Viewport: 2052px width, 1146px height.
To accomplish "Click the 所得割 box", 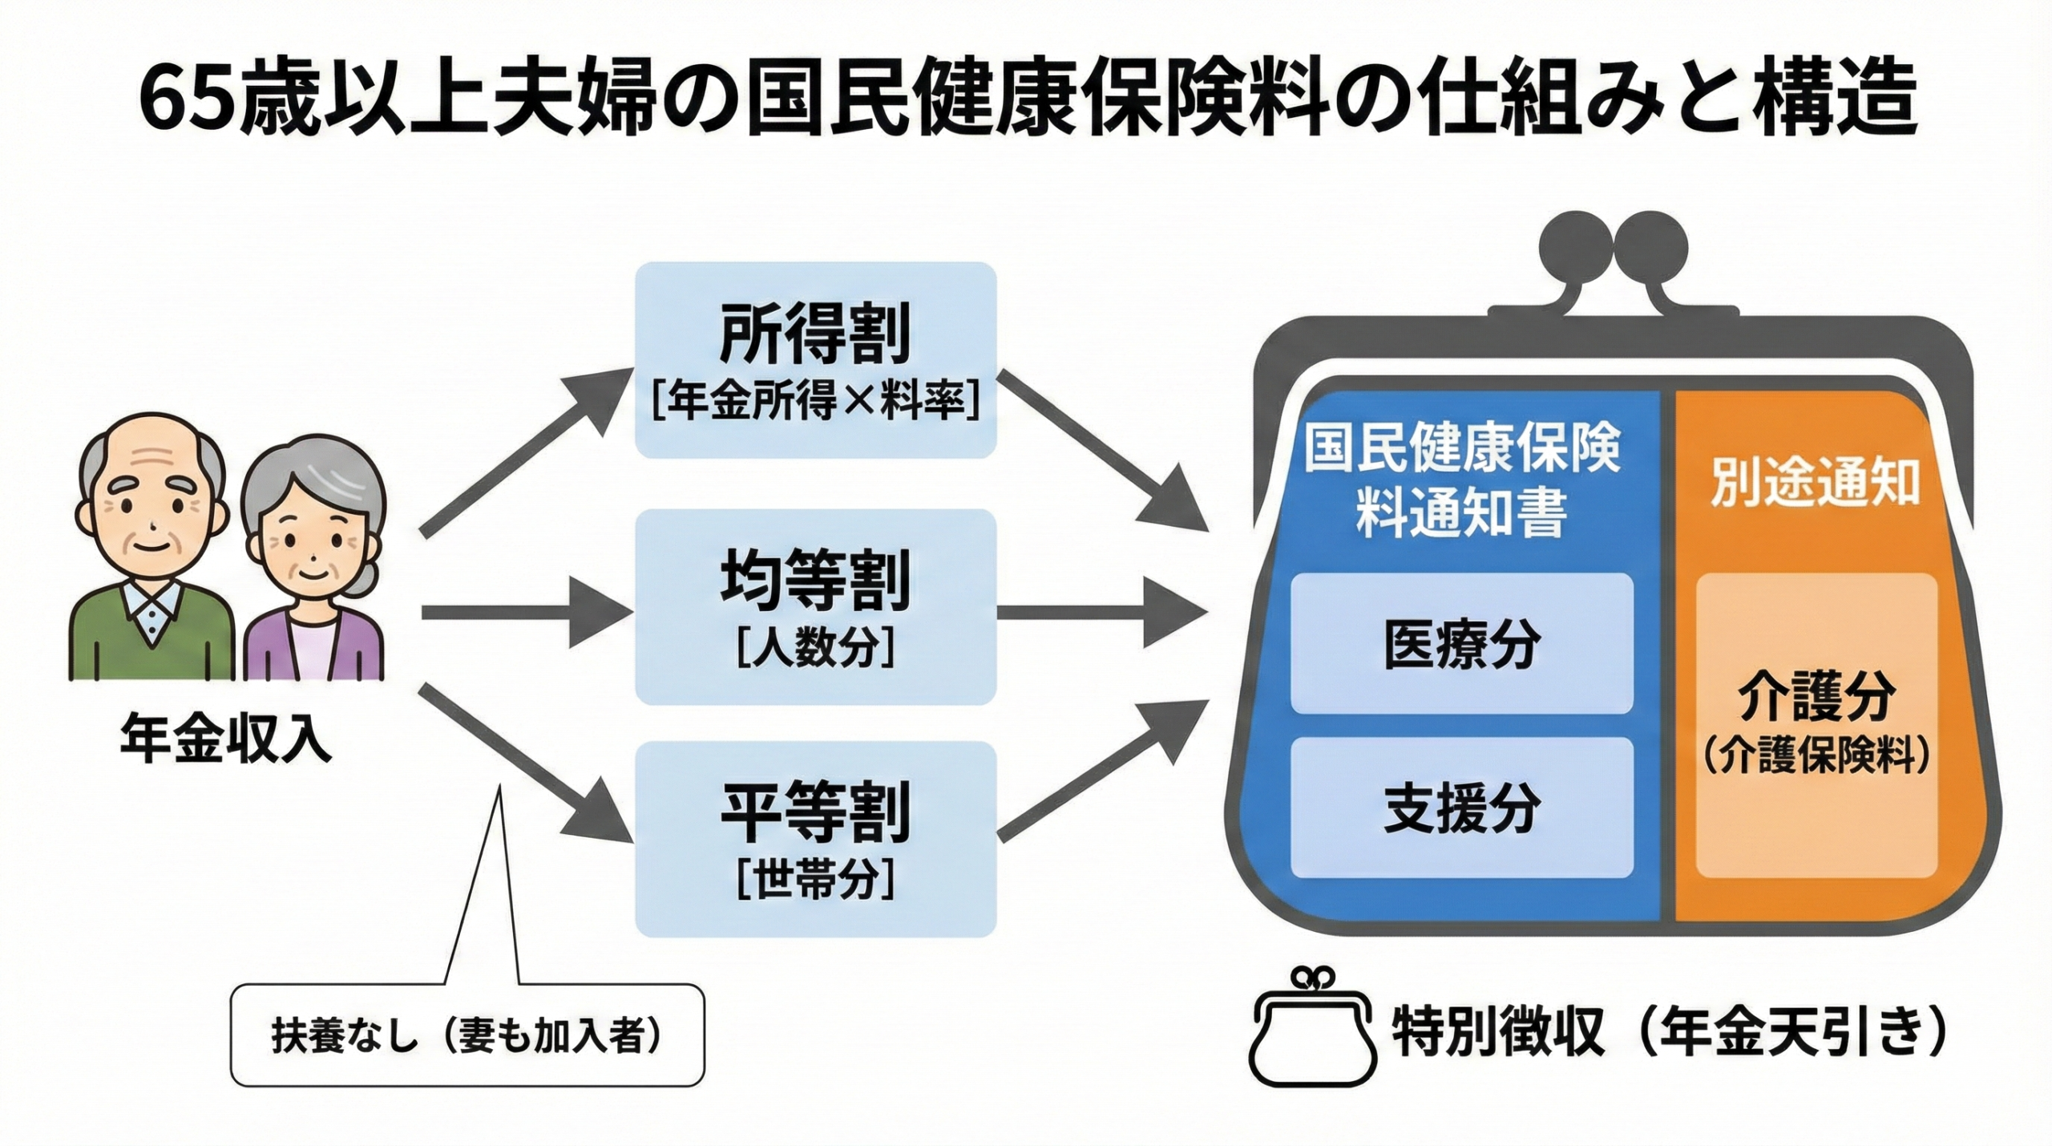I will (x=815, y=359).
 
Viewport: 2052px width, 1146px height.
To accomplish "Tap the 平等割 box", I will (x=815, y=838).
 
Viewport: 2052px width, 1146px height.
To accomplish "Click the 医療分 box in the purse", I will (x=1461, y=643).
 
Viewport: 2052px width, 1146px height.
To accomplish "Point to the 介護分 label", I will (x=1816, y=699).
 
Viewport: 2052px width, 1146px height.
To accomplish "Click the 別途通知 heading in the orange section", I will (x=1815, y=482).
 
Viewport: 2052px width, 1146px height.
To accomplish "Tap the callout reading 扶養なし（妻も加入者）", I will (x=467, y=1035).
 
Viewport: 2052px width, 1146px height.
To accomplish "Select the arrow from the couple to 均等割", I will (x=525, y=613).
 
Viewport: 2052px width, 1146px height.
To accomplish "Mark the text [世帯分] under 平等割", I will (x=815, y=880).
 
